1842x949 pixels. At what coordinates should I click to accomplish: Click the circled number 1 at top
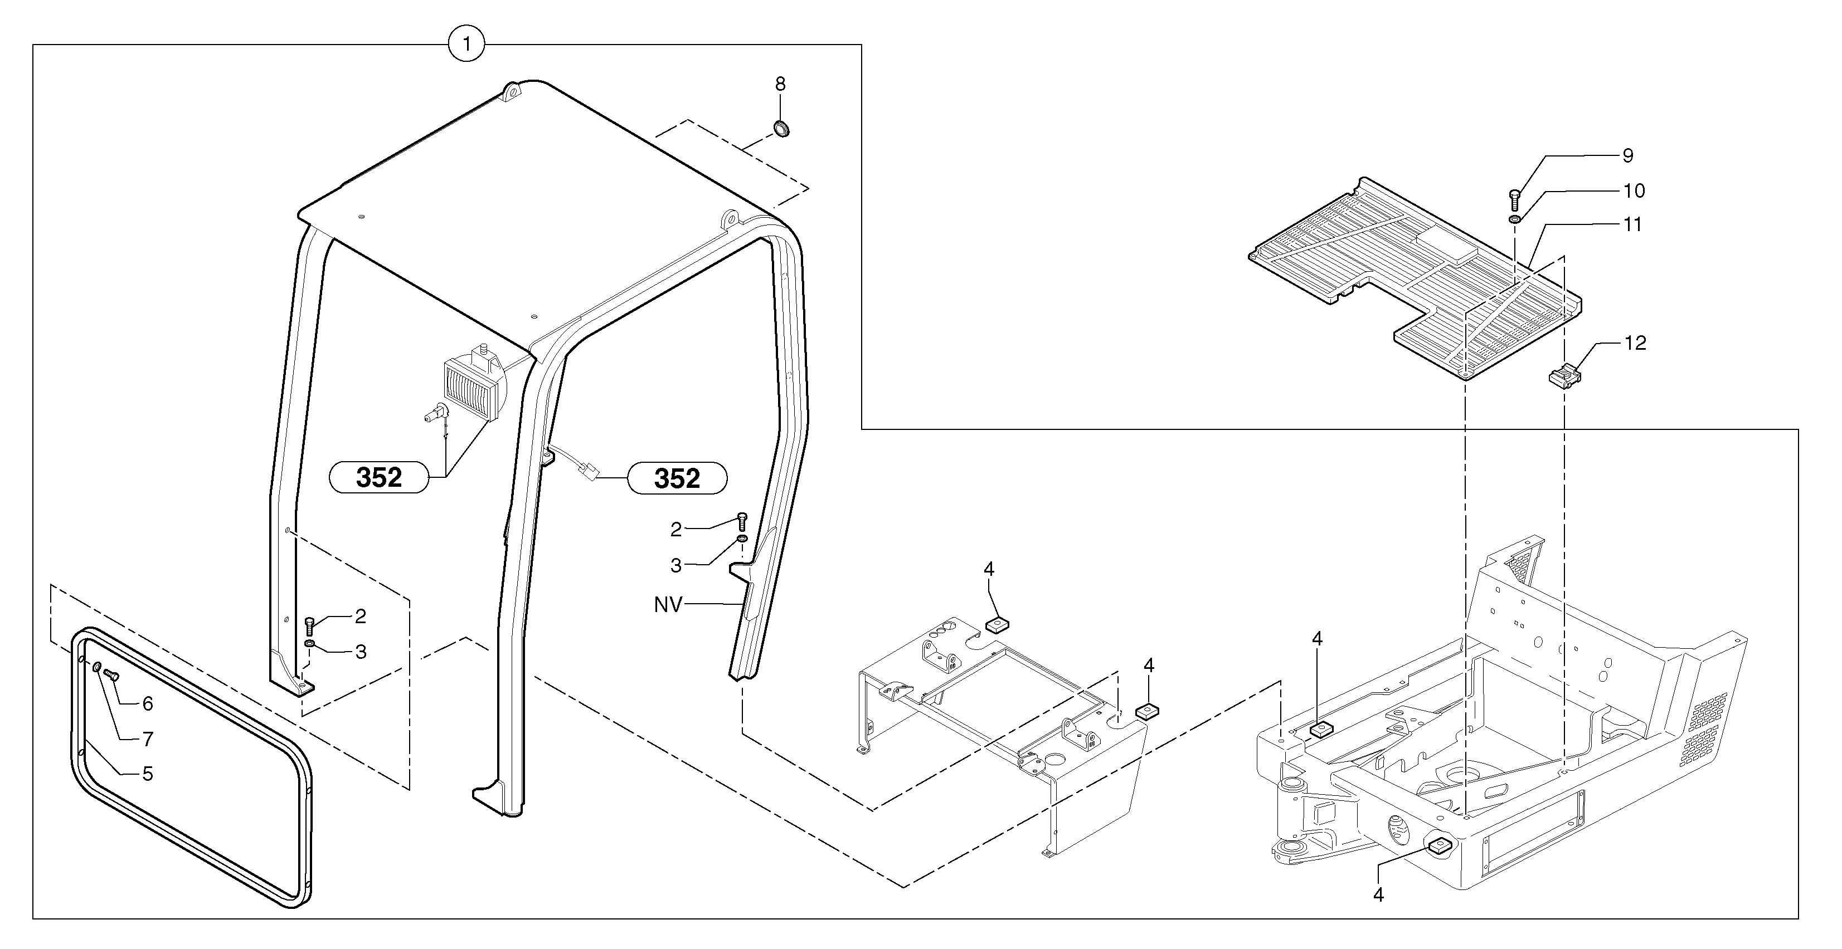tap(466, 45)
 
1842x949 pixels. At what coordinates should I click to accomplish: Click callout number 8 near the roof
tap(780, 84)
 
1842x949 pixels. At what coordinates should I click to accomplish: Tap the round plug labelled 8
tap(781, 129)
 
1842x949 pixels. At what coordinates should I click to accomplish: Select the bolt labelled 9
tap(1513, 199)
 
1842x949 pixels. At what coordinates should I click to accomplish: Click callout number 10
tap(1634, 191)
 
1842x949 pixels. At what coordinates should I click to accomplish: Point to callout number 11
tap(1632, 224)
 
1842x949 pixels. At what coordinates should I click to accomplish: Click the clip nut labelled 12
tap(1564, 376)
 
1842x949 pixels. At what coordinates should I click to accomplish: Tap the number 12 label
tap(1635, 343)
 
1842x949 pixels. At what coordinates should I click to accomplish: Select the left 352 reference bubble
tap(378, 477)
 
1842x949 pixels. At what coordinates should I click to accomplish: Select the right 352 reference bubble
tap(677, 478)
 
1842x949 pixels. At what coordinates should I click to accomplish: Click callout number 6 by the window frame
tap(147, 704)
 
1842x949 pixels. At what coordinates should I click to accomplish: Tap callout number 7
tap(147, 739)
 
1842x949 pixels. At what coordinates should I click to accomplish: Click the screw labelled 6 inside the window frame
tap(111, 673)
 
